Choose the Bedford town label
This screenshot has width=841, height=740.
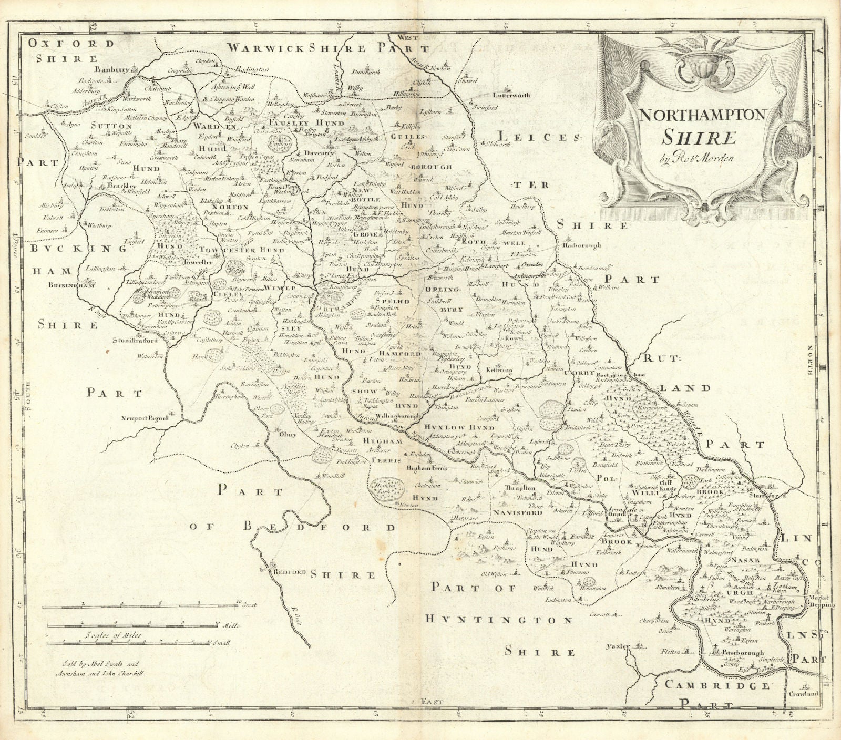coord(283,573)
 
